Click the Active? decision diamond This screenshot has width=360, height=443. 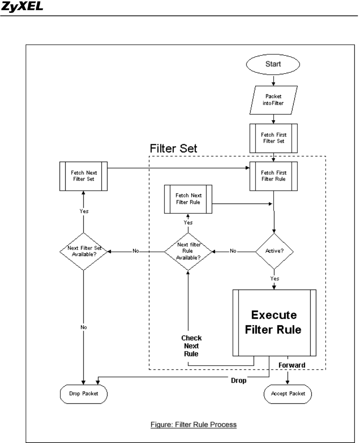274,251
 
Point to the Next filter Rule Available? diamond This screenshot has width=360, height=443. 188,251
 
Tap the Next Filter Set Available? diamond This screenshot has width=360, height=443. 84,251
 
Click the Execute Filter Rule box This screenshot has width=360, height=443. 274,323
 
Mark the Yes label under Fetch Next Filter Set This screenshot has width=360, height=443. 84,211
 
